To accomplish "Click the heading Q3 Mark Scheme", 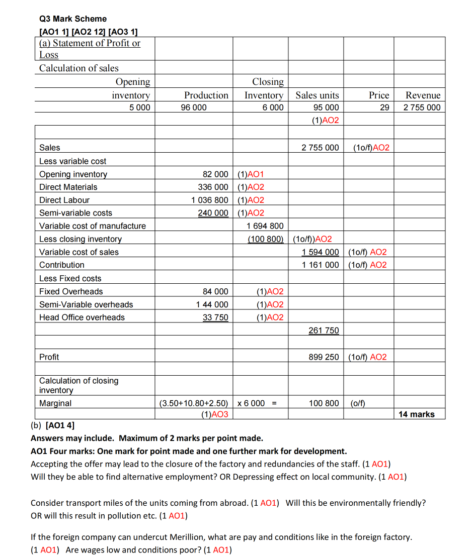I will (x=73, y=19).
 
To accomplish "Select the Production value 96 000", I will (x=193, y=107).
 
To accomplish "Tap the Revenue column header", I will (x=423, y=95).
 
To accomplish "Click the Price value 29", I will (x=384, y=107).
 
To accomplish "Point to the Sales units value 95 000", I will (x=326, y=107).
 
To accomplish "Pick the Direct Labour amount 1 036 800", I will (x=210, y=200).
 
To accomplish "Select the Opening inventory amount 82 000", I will (x=215, y=174).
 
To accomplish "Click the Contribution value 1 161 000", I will (x=320, y=265).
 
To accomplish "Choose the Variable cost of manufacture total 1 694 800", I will (x=265, y=226).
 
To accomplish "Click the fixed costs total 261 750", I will (x=324, y=330).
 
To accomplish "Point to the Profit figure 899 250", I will (x=324, y=357).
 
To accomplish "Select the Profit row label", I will (x=49, y=357).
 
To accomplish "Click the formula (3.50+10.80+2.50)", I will (x=193, y=403).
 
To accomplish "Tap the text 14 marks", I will (x=416, y=414).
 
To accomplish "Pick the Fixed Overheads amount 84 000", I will (x=215, y=291).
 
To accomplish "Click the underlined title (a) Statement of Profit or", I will (x=90, y=43).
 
